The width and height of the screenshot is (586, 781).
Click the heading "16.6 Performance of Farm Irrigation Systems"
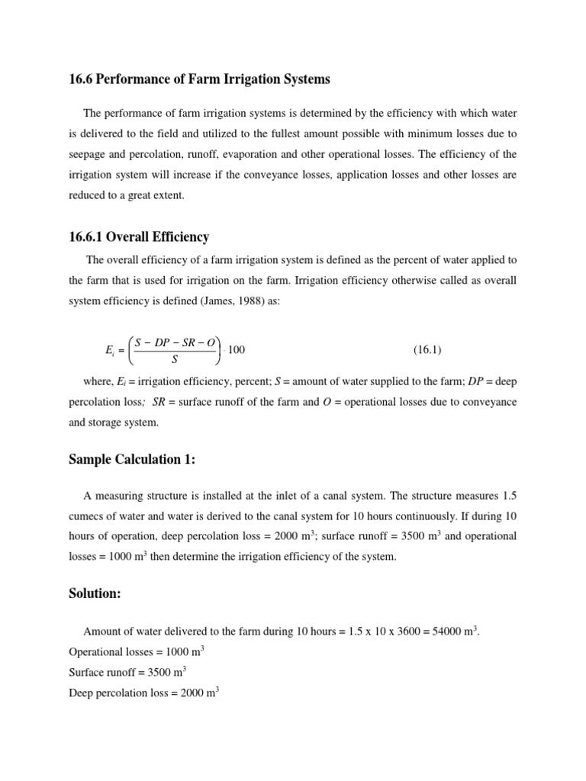coord(200,79)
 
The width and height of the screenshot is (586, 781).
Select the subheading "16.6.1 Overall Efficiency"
coord(139,237)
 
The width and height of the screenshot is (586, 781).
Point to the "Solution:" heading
coord(95,593)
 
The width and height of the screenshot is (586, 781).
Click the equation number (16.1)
coord(427,350)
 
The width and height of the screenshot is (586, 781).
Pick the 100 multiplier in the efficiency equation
coord(237,350)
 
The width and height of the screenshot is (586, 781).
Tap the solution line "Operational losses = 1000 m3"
coord(136,652)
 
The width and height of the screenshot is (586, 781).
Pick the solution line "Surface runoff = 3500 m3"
coord(127,673)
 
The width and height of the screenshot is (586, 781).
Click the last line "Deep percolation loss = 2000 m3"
coord(143,693)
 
